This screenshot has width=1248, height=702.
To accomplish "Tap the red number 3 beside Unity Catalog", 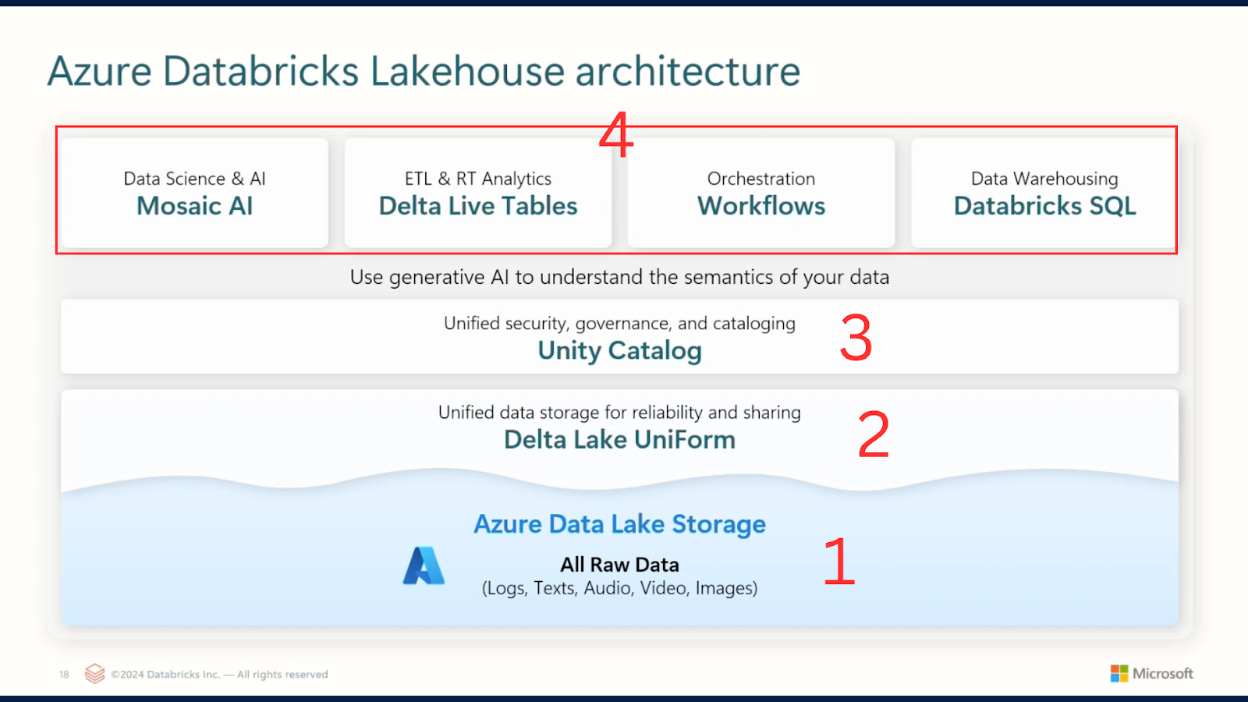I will pos(856,338).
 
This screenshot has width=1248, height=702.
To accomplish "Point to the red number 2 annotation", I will pos(874,434).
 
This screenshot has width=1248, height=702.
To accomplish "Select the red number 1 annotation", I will pos(839,562).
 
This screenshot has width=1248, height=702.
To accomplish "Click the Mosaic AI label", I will pos(195,206).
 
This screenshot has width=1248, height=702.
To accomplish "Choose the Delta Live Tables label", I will pos(478,206).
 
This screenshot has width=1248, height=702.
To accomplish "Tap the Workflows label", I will pos(761,206).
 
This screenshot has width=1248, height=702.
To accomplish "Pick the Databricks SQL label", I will pos(1044,206).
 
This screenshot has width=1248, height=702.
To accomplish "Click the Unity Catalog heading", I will pos(619,351).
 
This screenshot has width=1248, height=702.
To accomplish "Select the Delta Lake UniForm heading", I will pos(619,440).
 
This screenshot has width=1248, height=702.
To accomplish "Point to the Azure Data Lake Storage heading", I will pos(619,524).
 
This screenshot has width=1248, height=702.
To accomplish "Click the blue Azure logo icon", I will pos(424,566).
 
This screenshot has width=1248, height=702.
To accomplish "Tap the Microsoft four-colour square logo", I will pos(1119,673).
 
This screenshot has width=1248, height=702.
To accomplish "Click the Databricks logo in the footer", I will pos(94,673).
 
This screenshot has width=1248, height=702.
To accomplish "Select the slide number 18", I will pos(64,675).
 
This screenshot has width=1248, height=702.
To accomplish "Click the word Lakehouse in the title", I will pos(467,72).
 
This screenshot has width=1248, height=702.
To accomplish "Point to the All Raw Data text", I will pos(619,565).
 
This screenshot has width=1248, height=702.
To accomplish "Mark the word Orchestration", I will pos(761,179).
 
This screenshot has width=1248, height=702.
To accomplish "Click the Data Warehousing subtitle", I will pos(1044,179).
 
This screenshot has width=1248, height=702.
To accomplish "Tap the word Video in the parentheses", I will pos(662,588).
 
